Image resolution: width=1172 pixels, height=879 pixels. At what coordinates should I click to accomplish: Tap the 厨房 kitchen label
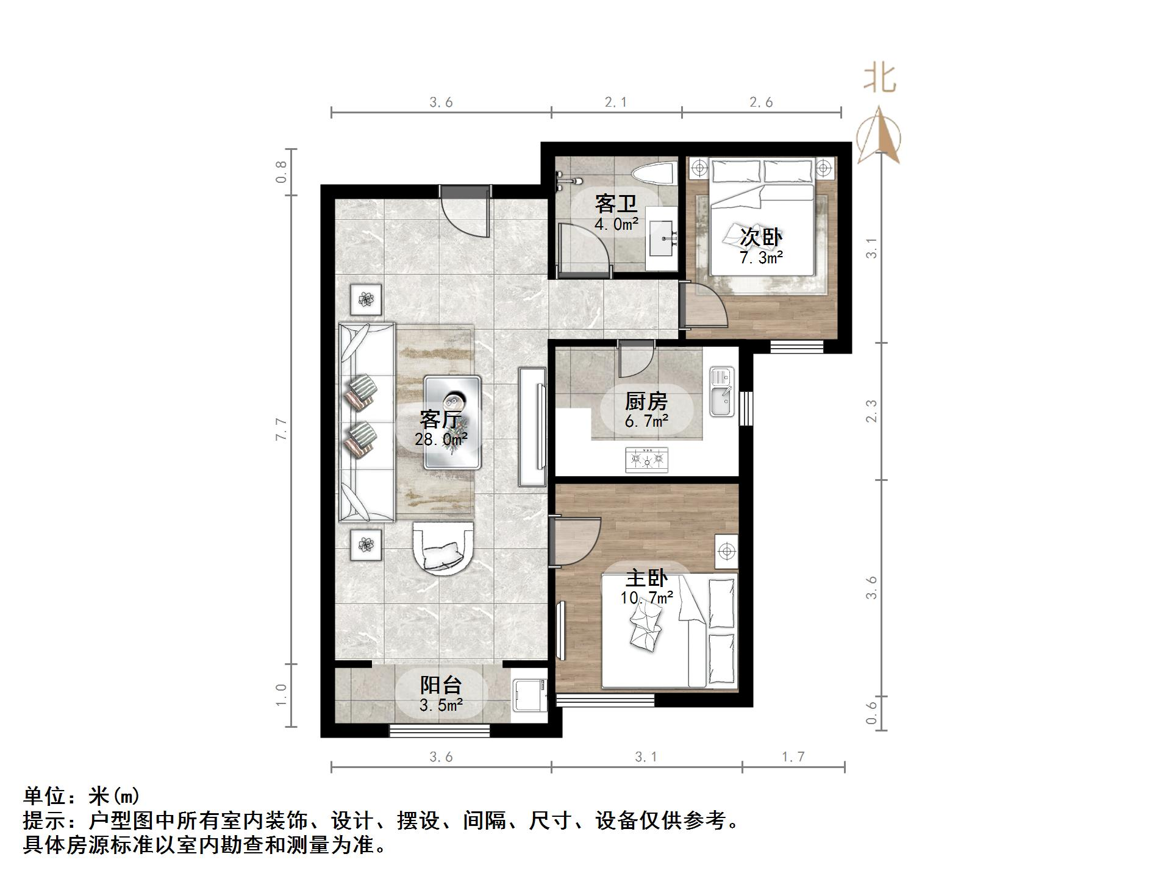click(646, 401)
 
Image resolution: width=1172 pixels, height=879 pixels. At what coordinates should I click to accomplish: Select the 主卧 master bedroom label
click(646, 577)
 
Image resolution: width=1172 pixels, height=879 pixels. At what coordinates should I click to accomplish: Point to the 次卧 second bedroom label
click(761, 237)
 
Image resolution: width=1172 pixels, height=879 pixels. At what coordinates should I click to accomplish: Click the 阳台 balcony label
click(441, 685)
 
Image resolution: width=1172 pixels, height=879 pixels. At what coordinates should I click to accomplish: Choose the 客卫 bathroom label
click(616, 203)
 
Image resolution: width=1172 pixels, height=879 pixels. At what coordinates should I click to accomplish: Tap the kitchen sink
click(723, 393)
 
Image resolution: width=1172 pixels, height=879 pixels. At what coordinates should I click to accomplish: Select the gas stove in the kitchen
click(646, 459)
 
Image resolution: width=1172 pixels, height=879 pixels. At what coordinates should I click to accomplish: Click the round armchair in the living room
click(442, 547)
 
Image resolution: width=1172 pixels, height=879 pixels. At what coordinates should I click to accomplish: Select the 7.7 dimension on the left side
click(281, 429)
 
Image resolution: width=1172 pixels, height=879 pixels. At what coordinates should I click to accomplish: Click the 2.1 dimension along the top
click(616, 102)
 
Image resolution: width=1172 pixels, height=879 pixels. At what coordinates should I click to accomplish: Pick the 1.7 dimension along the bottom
click(793, 757)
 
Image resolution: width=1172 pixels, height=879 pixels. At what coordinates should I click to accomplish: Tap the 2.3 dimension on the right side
click(872, 411)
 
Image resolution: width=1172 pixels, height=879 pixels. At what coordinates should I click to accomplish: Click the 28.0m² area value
click(441, 439)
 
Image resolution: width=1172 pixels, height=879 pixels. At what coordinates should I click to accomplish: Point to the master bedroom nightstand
click(726, 552)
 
